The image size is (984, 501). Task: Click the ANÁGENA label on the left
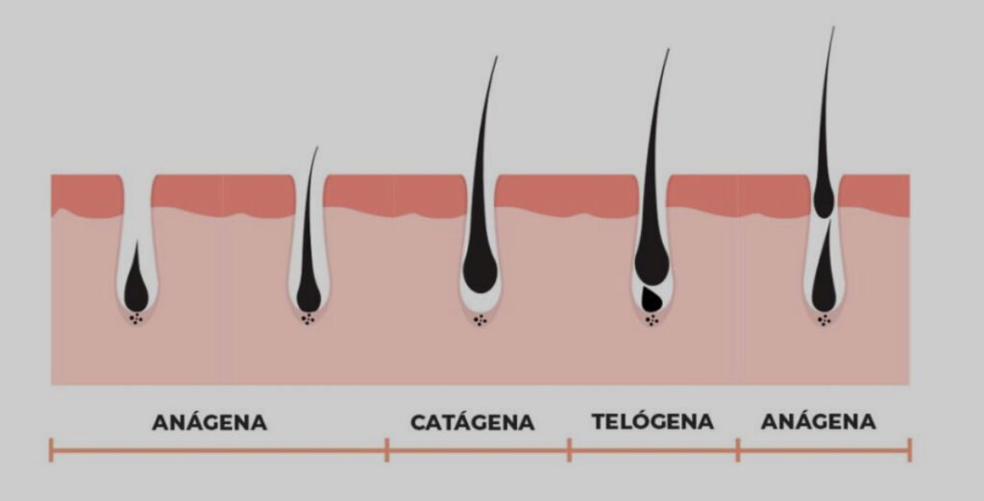tap(209, 422)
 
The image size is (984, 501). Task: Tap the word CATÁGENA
tap(473, 422)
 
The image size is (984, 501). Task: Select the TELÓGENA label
tap(652, 421)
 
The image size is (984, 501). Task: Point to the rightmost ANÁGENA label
tap(819, 421)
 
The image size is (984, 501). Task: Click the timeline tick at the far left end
tap(51, 450)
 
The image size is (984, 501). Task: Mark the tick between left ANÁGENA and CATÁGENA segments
tap(387, 450)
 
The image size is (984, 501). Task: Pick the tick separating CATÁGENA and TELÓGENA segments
tap(570, 450)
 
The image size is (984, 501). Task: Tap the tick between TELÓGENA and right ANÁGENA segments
tap(738, 450)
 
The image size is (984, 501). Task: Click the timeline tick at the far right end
tap(910, 450)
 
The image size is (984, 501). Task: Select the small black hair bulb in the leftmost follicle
tap(136, 285)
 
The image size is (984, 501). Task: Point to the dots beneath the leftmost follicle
tap(136, 320)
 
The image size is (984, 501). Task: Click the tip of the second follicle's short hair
tap(317, 148)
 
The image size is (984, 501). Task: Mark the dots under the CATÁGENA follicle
tap(480, 321)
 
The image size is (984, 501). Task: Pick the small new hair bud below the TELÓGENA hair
tap(652, 299)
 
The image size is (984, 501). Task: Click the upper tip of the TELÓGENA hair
tap(669, 50)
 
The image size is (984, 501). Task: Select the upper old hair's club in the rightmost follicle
tap(824, 201)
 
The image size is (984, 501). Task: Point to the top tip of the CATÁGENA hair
tap(497, 57)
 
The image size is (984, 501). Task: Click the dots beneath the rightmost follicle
tap(824, 321)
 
